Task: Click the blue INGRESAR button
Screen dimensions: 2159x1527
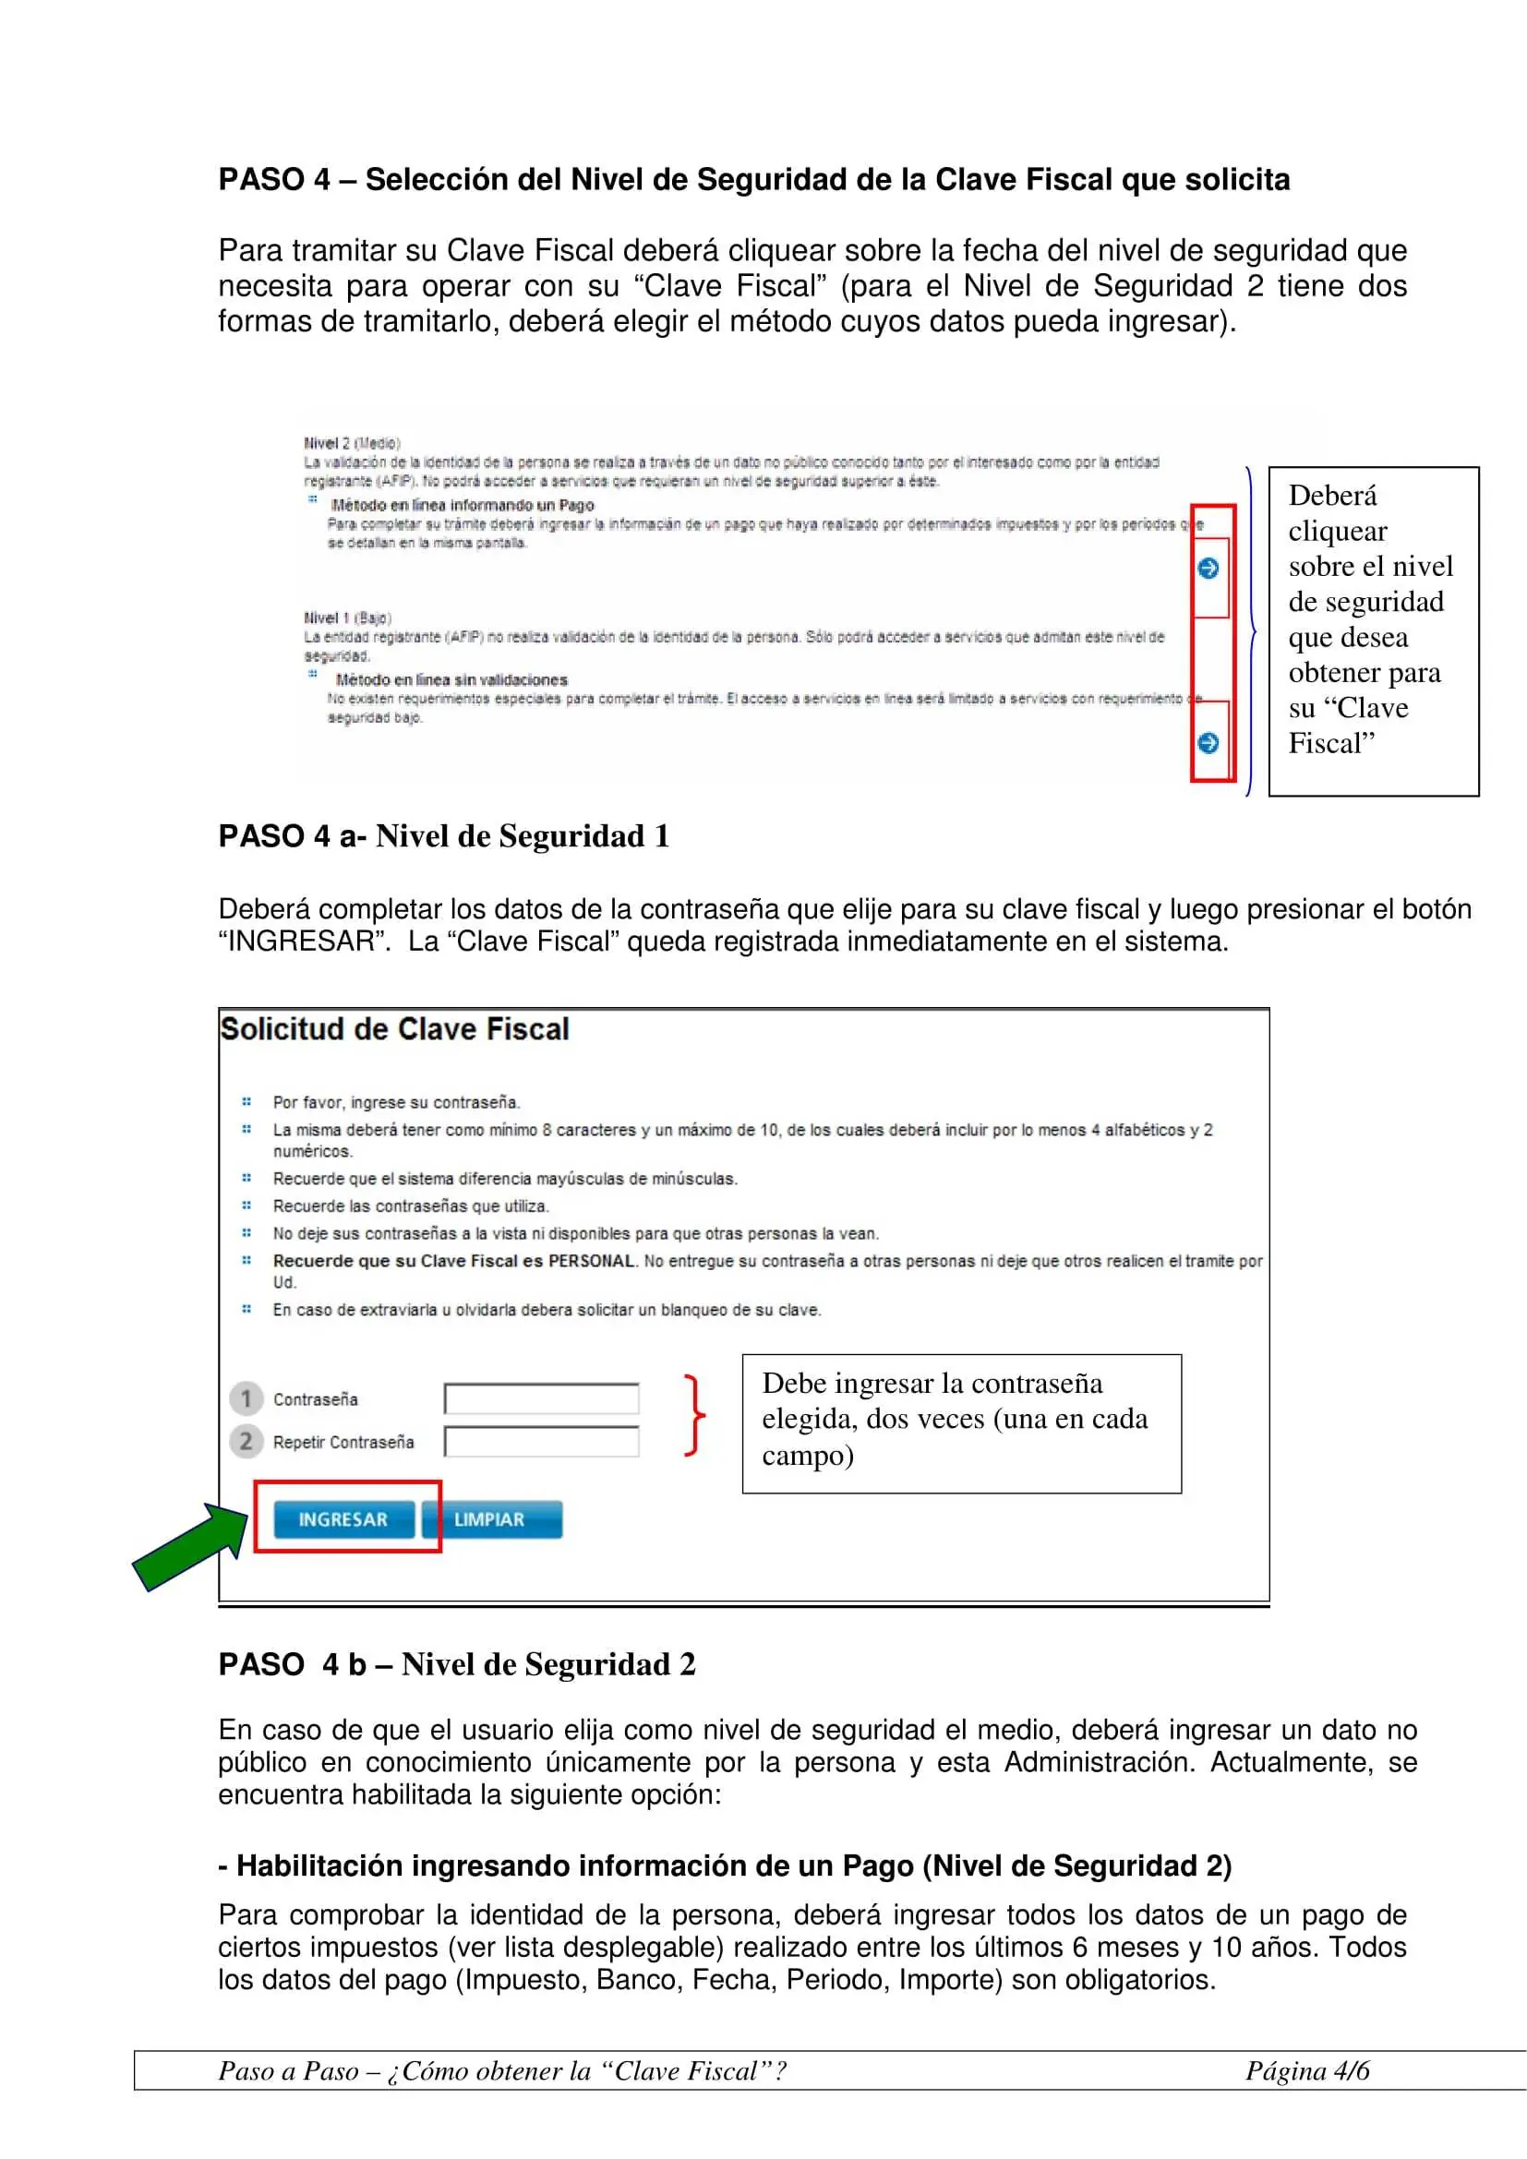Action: pyautogui.click(x=343, y=1519)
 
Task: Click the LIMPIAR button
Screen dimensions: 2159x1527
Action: pyautogui.click(x=491, y=1519)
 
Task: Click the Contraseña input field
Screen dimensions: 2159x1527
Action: pyautogui.click(x=542, y=1399)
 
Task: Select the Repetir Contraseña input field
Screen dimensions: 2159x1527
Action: pyautogui.click(x=542, y=1442)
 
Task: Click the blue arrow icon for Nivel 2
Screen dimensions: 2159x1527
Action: pyautogui.click(x=1208, y=568)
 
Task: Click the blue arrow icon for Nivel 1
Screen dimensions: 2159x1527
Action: pyautogui.click(x=1208, y=743)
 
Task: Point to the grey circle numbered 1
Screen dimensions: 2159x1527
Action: pyautogui.click(x=246, y=1399)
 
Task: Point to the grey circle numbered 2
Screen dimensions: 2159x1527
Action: pyautogui.click(x=246, y=1442)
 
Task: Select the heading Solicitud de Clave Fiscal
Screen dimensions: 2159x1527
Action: pyautogui.click(x=395, y=1030)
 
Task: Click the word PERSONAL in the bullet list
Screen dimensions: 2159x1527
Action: pyautogui.click(x=592, y=1261)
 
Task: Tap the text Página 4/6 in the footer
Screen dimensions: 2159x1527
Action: pyautogui.click(x=1307, y=2070)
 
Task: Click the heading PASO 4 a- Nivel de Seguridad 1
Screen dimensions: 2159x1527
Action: pyautogui.click(x=444, y=836)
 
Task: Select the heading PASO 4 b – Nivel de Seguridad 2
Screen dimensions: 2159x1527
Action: pyautogui.click(x=457, y=1664)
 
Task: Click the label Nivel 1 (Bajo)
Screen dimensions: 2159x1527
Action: pyautogui.click(x=348, y=618)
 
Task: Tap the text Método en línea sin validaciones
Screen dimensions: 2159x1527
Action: pyautogui.click(x=451, y=680)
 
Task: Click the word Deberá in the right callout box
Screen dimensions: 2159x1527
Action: pyautogui.click(x=1332, y=496)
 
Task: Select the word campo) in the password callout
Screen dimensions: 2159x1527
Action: pyautogui.click(x=808, y=1456)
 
